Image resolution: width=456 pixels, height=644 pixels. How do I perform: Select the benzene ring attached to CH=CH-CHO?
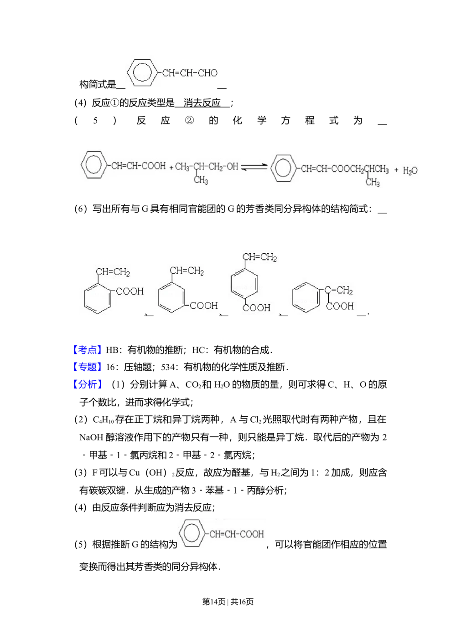click(x=143, y=73)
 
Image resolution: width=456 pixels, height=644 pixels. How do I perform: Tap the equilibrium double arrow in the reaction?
click(x=254, y=167)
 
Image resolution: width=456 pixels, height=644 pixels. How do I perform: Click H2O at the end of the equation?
click(x=410, y=171)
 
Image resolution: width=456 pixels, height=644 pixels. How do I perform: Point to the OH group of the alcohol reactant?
click(x=233, y=167)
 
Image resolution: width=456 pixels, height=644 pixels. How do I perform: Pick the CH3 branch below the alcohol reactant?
click(x=201, y=181)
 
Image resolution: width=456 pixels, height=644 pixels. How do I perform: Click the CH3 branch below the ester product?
click(x=373, y=183)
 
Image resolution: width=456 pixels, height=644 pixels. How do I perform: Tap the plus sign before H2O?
click(x=396, y=170)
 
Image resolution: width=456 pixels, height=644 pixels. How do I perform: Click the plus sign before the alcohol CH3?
click(x=171, y=168)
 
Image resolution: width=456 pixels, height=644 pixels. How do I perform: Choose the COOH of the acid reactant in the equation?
click(x=154, y=166)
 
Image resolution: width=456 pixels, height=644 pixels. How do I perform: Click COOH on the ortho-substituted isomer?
click(x=130, y=291)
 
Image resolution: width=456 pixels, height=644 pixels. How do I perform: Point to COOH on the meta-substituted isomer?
click(x=204, y=306)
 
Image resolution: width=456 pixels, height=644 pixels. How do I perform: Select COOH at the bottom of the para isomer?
click(x=257, y=308)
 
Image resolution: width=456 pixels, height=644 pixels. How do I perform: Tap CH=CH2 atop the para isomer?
click(x=260, y=258)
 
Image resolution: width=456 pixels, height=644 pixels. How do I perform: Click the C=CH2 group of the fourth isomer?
click(x=338, y=291)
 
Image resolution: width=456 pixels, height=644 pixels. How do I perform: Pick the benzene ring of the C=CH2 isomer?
click(x=306, y=299)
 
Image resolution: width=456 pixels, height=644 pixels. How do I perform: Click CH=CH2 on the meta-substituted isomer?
click(x=187, y=271)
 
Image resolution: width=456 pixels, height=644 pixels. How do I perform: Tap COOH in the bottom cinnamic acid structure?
click(x=252, y=534)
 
